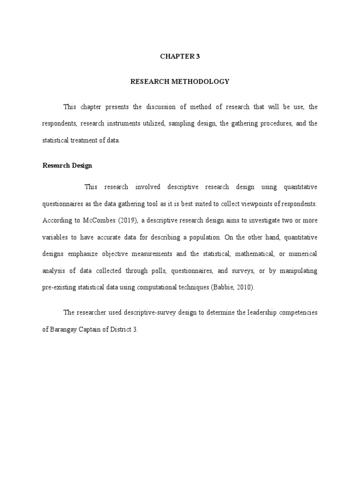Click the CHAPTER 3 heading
click(x=180, y=56)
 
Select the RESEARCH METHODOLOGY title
click(x=180, y=82)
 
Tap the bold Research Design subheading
click(x=67, y=165)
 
